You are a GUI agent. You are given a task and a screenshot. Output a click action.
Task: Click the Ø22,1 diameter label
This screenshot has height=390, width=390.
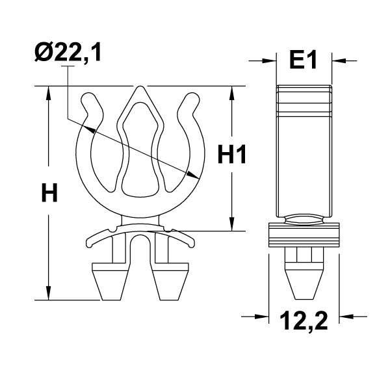tap(68, 53)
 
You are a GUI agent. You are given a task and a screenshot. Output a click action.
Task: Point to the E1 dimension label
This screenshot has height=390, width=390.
tap(303, 60)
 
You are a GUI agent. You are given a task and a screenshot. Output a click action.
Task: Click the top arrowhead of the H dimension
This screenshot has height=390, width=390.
tap(47, 92)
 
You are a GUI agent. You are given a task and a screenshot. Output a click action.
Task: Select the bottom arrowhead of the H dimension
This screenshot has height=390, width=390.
tap(47, 294)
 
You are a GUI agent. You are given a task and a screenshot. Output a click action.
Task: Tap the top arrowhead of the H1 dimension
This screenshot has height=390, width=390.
tap(231, 92)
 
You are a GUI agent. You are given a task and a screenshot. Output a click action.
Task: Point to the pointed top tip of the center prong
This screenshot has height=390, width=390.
tap(140, 88)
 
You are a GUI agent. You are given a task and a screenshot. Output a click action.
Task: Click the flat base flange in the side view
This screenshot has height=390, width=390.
tap(304, 235)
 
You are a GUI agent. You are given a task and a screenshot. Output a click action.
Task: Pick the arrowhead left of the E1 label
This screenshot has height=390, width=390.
tap(272, 60)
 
